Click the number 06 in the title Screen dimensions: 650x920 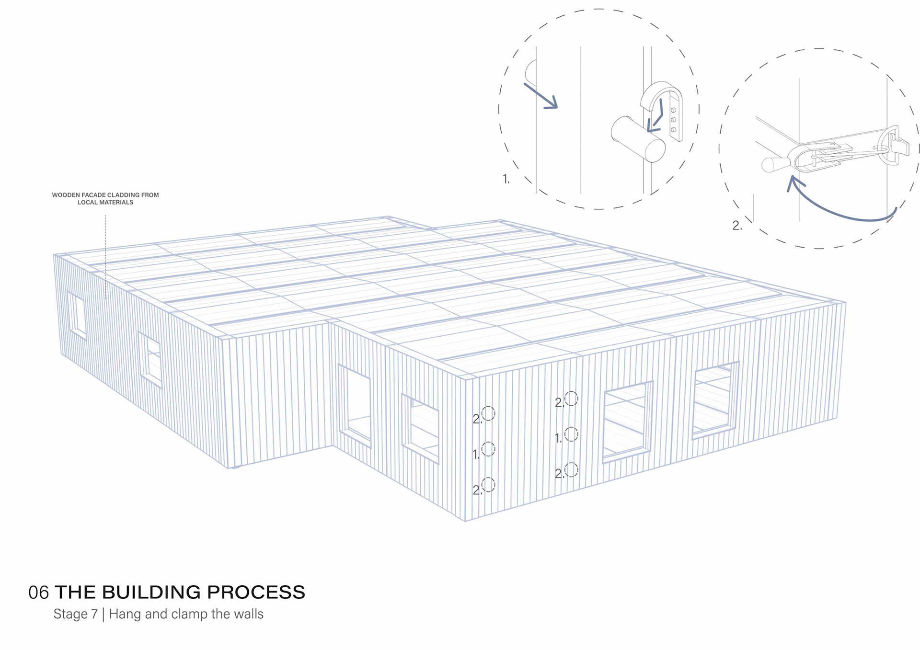pyautogui.click(x=38, y=593)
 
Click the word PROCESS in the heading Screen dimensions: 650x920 pyautogui.click(x=256, y=593)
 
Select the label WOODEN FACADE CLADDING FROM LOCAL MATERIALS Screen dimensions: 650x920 pyautogui.click(x=105, y=198)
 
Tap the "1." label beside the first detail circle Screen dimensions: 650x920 pyautogui.click(x=506, y=179)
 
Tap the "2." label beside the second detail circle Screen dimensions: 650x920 pyautogui.click(x=737, y=226)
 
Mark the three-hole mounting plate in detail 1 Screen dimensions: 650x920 pyautogui.click(x=674, y=120)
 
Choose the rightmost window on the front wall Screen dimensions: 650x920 pyautogui.click(x=714, y=400)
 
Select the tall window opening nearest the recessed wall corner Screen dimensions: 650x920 pyautogui.click(x=355, y=405)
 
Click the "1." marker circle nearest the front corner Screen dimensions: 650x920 pyautogui.click(x=488, y=449)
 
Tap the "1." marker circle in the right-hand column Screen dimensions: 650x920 pyautogui.click(x=571, y=434)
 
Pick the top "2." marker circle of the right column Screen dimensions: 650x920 pyautogui.click(x=571, y=399)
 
